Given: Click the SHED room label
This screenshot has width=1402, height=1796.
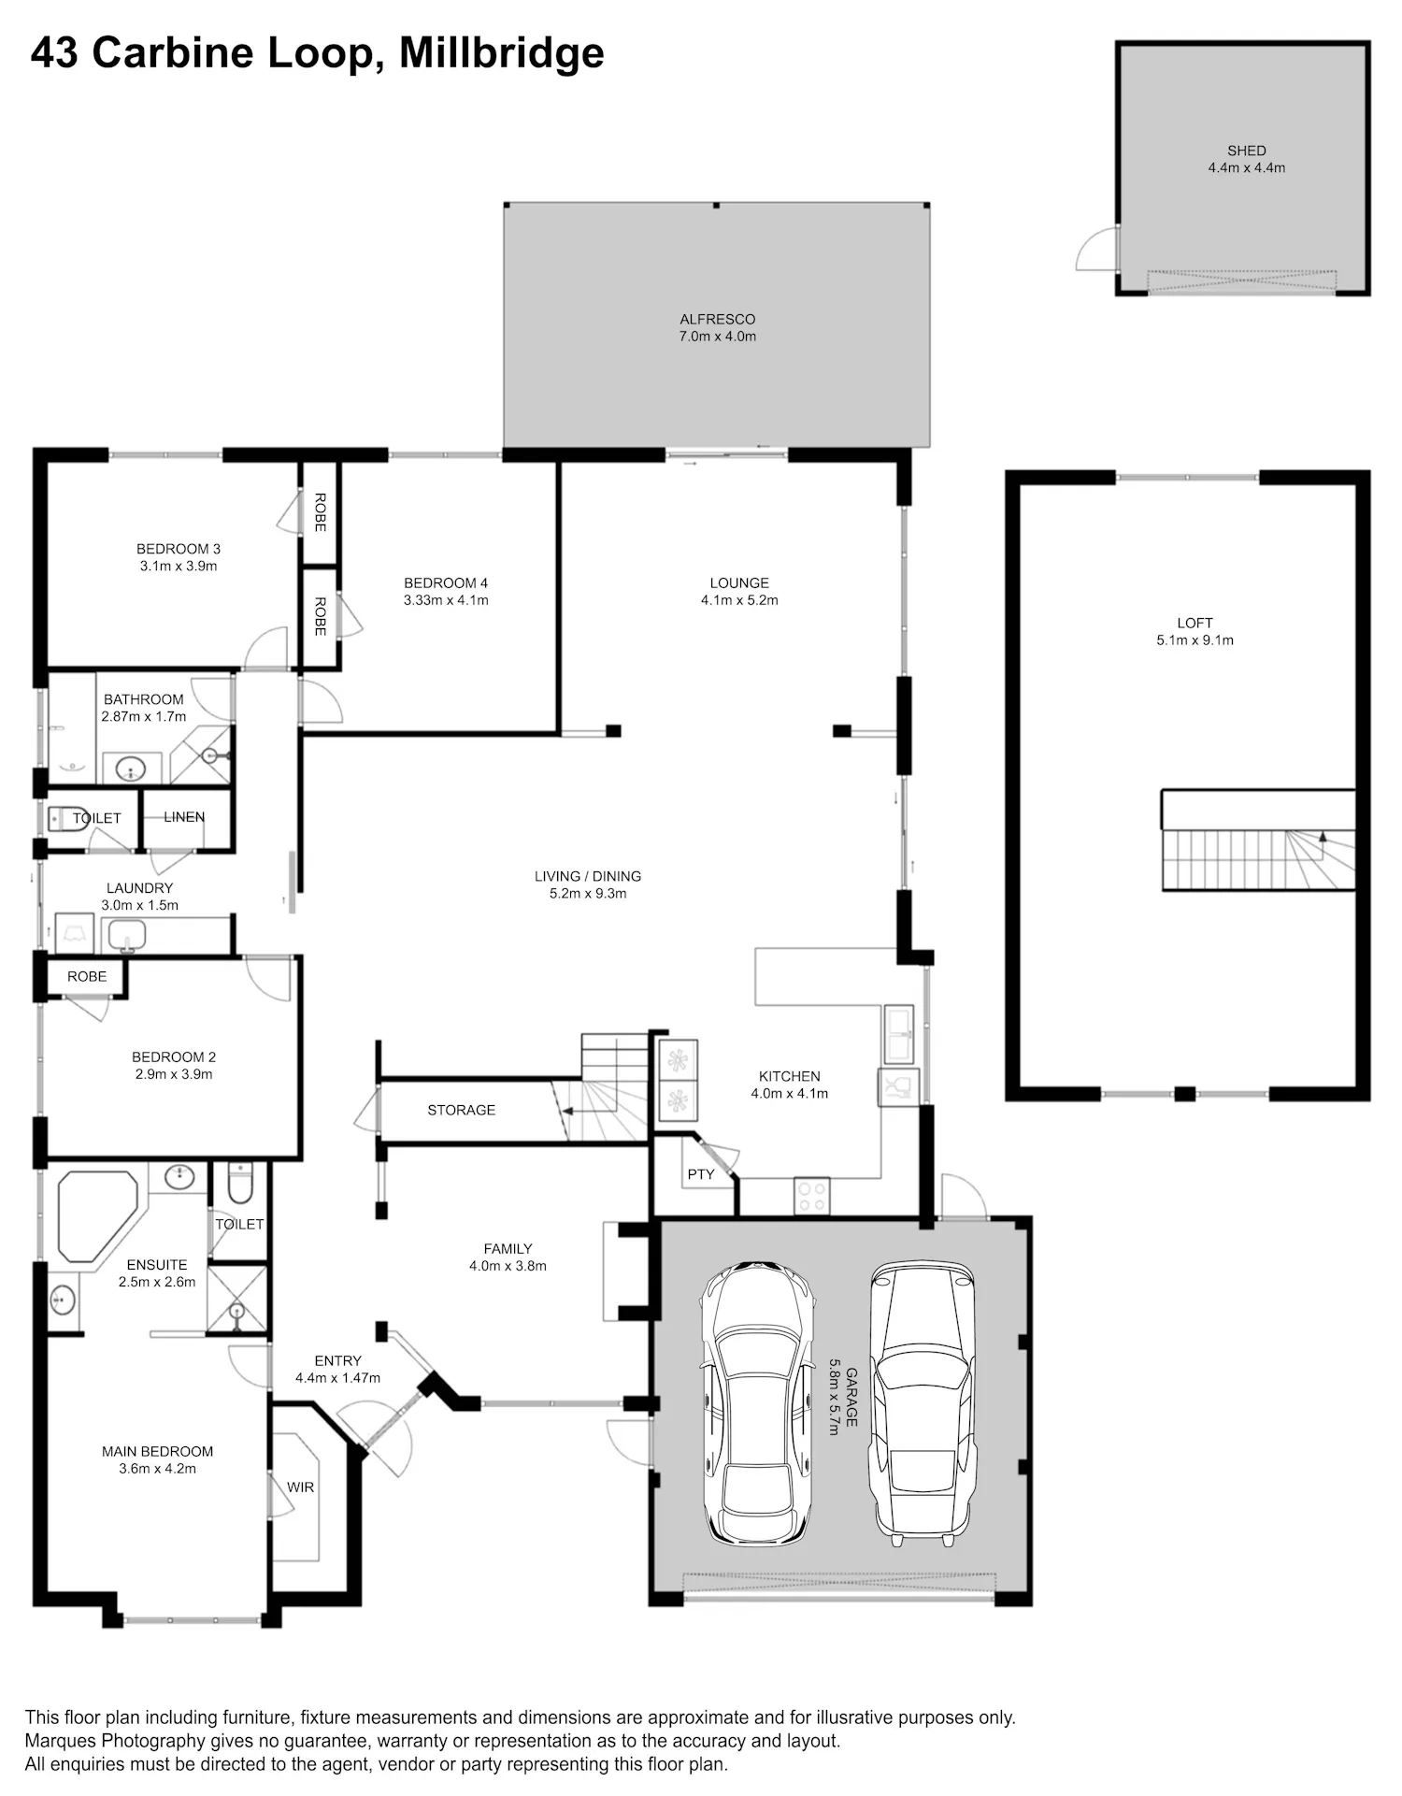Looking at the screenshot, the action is (x=1246, y=151).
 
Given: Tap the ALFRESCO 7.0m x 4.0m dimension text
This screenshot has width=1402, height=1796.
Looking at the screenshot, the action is (x=717, y=337).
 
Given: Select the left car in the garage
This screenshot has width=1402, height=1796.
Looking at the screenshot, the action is (x=758, y=1401).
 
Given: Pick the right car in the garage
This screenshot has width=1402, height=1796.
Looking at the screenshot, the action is (x=923, y=1401).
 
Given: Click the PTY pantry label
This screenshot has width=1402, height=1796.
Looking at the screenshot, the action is (x=701, y=1174).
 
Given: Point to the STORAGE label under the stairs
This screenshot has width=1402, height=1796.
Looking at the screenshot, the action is (x=461, y=1110).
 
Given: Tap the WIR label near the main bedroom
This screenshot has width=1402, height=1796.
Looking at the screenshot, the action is (x=300, y=1487).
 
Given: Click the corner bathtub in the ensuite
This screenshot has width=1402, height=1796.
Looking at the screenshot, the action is (x=97, y=1216).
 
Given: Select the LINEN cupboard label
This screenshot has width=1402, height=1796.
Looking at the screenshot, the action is (x=184, y=817).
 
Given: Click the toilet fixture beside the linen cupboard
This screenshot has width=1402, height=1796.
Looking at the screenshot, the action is (x=68, y=819).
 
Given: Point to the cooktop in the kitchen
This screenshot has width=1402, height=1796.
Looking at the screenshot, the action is (x=811, y=1195).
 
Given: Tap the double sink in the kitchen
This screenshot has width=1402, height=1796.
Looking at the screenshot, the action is (x=899, y=1034).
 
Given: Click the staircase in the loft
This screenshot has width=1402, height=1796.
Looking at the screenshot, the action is (x=1258, y=859).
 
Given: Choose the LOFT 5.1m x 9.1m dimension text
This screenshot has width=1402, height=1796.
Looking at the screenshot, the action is (x=1195, y=640).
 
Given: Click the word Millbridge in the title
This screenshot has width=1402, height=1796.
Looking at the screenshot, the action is (x=502, y=53).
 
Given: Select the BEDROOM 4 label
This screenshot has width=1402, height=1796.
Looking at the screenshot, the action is (x=446, y=583).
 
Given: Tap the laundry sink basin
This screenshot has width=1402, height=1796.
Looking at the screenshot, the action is (x=126, y=934).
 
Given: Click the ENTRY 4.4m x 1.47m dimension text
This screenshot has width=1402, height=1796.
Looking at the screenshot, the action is (x=337, y=1378).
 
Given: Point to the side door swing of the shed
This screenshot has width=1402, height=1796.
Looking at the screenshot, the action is (x=1096, y=249).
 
